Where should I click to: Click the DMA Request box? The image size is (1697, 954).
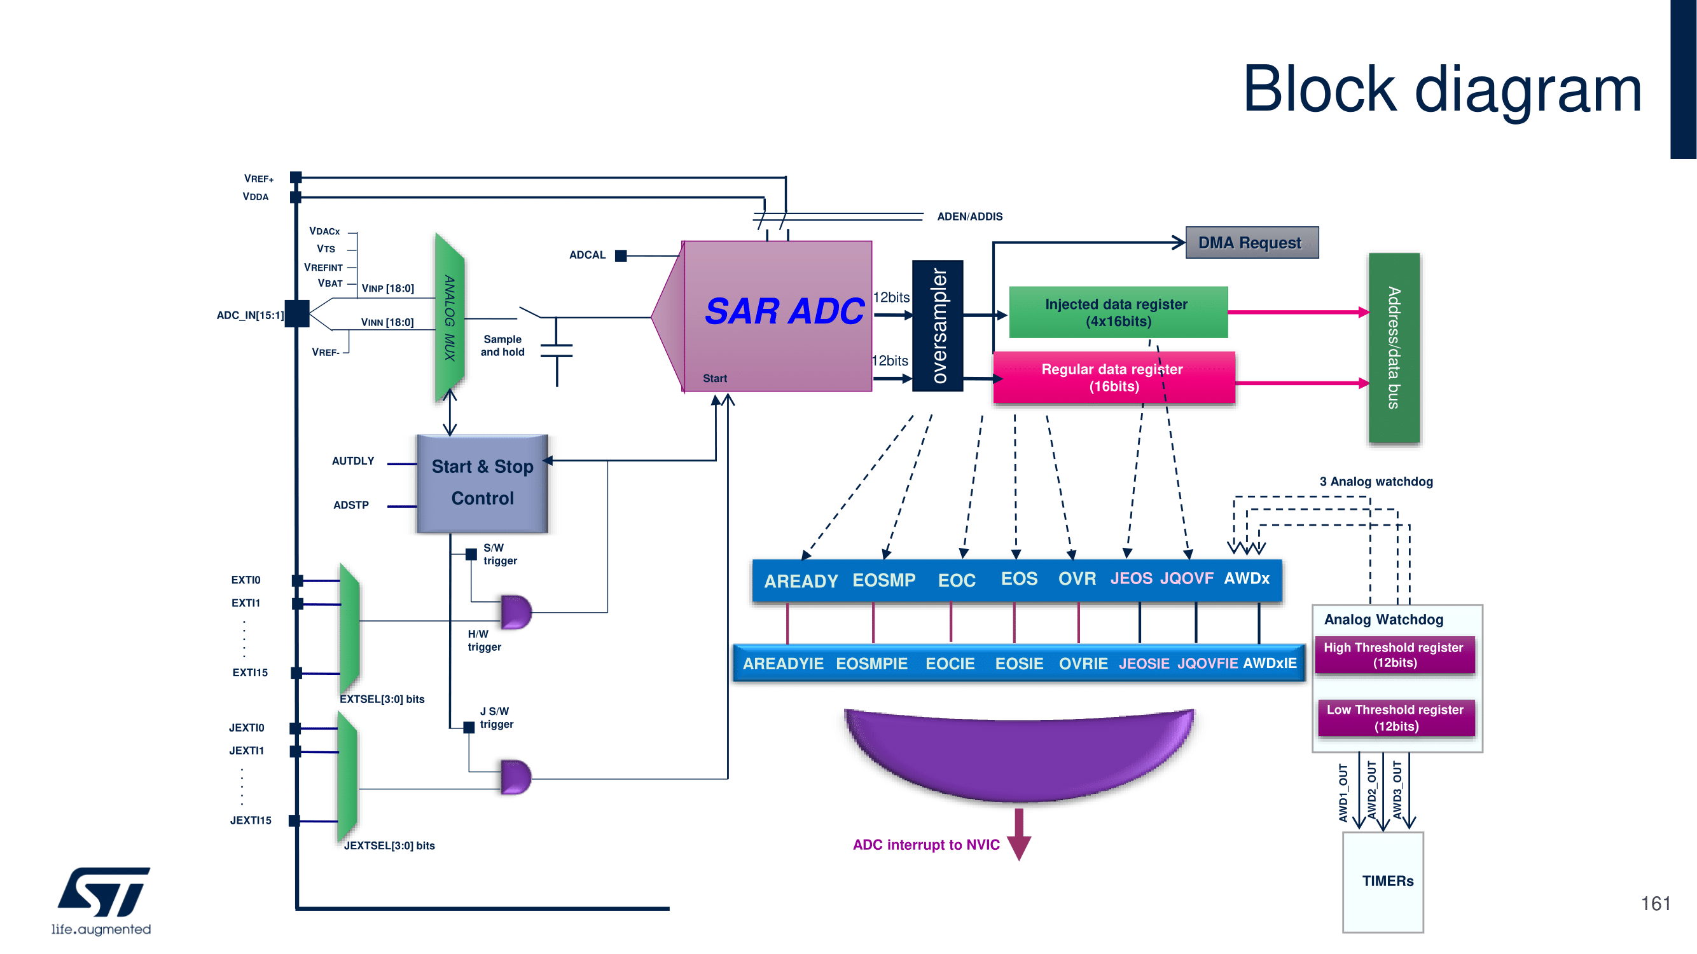coord(1252,243)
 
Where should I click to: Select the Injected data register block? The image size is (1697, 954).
coord(1118,313)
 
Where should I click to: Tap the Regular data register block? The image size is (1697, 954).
coord(1113,378)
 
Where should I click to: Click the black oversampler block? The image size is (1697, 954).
coord(938,326)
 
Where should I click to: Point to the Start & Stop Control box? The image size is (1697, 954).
coord(482,483)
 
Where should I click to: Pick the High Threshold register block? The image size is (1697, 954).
coord(1394,655)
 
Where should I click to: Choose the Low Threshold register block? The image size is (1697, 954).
coord(1396,718)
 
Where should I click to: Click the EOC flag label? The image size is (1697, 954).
coord(957,581)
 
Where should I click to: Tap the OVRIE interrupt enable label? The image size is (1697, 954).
coord(1083,664)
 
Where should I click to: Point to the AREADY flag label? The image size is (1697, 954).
coord(800,582)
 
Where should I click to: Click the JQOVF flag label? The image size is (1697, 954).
coord(1186,578)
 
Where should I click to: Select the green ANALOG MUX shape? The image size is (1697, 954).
coord(450,317)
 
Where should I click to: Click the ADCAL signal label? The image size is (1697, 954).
coord(587,256)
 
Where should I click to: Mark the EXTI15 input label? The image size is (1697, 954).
coord(250,672)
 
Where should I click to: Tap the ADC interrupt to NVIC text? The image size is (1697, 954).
coord(925,845)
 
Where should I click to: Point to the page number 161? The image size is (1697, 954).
coord(1655,903)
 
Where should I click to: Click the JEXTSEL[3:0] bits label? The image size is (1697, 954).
coord(389,845)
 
